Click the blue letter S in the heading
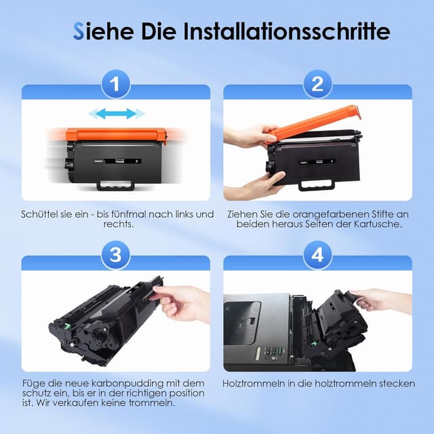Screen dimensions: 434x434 (x=78, y=31)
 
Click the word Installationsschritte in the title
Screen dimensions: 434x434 (x=287, y=31)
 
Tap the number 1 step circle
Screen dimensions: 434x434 (x=116, y=84)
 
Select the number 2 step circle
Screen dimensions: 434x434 (x=317, y=84)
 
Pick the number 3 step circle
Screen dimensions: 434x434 (x=116, y=255)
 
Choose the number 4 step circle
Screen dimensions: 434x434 (x=317, y=255)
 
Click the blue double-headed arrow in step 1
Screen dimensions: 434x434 (x=116, y=113)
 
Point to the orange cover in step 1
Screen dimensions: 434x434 (x=116, y=135)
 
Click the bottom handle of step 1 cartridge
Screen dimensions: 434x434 (x=116, y=185)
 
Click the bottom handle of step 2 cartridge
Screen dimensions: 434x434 (x=317, y=185)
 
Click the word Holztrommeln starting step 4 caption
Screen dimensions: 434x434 (x=254, y=384)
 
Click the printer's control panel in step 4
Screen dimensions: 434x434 (x=271, y=354)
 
